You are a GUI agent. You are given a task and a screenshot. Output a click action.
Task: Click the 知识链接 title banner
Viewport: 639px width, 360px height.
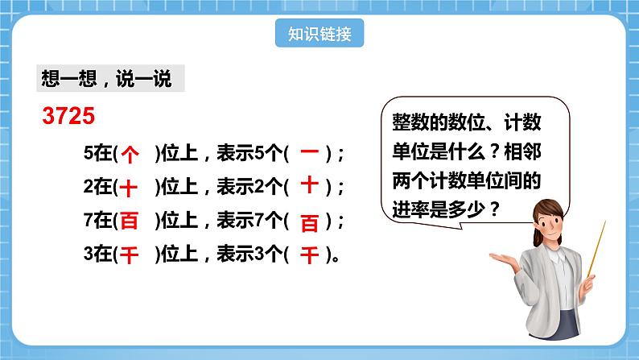click(318, 34)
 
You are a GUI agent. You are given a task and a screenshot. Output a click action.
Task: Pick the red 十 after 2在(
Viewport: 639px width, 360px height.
click(130, 188)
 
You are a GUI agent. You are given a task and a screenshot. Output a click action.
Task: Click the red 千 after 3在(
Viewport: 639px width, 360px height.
click(130, 255)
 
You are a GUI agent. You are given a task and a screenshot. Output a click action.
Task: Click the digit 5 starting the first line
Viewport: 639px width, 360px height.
click(88, 153)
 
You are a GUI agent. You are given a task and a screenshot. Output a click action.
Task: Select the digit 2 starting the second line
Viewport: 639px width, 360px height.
click(88, 187)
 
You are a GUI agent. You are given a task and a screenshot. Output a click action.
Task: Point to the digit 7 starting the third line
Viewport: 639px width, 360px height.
click(88, 221)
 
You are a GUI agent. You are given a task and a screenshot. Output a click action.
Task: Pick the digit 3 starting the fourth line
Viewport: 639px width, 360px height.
click(88, 255)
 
